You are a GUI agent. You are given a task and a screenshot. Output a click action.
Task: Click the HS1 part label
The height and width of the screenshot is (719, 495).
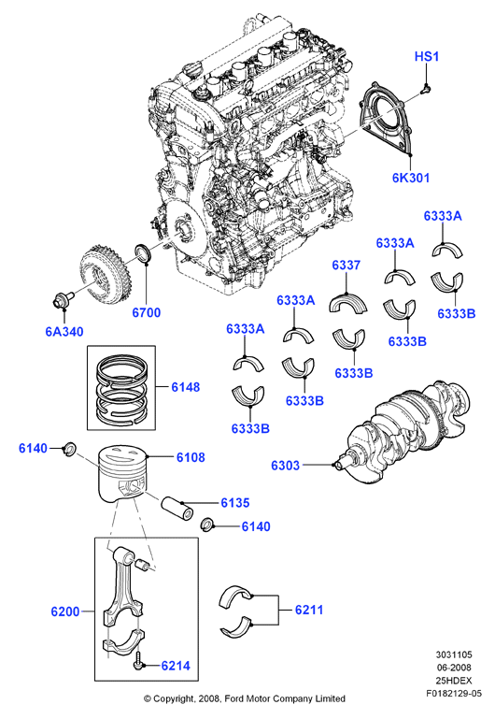coord(426,56)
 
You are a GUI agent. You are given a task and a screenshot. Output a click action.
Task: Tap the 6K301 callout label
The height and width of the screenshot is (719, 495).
coord(411,178)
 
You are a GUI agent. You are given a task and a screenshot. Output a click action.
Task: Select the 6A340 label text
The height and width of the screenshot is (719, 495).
coord(64,331)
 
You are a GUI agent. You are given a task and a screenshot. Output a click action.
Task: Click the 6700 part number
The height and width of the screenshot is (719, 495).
coord(146,312)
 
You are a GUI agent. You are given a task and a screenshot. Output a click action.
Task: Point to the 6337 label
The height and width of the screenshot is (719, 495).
coord(346,265)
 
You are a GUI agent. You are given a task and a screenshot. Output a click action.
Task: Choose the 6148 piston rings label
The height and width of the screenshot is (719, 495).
coord(186,387)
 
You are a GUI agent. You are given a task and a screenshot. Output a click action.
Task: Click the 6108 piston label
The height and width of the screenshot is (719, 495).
coord(191,457)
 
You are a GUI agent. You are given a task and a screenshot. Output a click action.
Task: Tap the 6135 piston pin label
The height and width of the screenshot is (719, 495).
coord(235,503)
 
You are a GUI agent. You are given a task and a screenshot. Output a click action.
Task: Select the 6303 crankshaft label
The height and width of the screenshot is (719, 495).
coord(285,465)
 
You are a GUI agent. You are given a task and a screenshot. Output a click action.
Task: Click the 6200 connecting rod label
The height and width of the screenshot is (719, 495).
coord(65,611)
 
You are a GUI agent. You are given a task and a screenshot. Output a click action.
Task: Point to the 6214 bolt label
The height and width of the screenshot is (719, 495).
coord(176,666)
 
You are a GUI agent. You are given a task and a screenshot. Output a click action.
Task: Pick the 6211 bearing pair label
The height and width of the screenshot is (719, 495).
coord(309,610)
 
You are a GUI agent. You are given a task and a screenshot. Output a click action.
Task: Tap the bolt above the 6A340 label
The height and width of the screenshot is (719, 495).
coord(62,298)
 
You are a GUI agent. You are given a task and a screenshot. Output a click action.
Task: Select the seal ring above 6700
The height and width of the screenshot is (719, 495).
coord(143,253)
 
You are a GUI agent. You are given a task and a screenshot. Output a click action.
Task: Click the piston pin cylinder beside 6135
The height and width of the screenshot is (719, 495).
coord(177,508)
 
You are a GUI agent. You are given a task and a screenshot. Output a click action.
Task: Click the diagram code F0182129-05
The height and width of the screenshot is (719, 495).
coord(453,694)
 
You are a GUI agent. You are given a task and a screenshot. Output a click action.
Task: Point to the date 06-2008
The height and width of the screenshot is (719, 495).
coord(453,668)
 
